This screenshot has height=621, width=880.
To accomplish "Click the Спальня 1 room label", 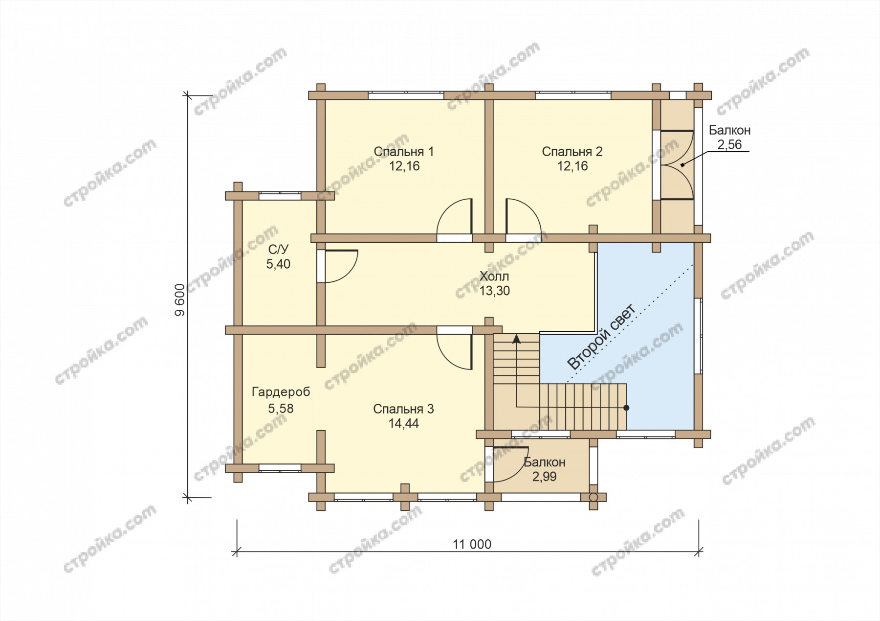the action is [403, 152].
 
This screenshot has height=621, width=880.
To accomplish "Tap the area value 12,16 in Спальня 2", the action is [572, 166].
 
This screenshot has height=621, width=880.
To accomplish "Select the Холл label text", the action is [494, 276].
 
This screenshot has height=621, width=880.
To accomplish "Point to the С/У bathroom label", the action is [278, 250].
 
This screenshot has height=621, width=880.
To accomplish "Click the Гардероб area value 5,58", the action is [281, 409].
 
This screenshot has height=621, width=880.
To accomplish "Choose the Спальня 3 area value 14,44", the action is [403, 424].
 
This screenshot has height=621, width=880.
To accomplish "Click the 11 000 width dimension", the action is [472, 544].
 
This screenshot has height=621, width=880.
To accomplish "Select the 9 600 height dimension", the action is [180, 299].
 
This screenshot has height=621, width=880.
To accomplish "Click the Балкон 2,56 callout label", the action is [729, 138].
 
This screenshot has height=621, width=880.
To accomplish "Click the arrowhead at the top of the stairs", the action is [516, 339].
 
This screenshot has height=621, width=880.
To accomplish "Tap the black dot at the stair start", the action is [626, 408].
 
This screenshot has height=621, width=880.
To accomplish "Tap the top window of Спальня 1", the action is [406, 95].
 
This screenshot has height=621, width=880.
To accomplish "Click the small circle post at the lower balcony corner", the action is [594, 497].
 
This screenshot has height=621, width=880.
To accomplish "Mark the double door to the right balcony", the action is [677, 165].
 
